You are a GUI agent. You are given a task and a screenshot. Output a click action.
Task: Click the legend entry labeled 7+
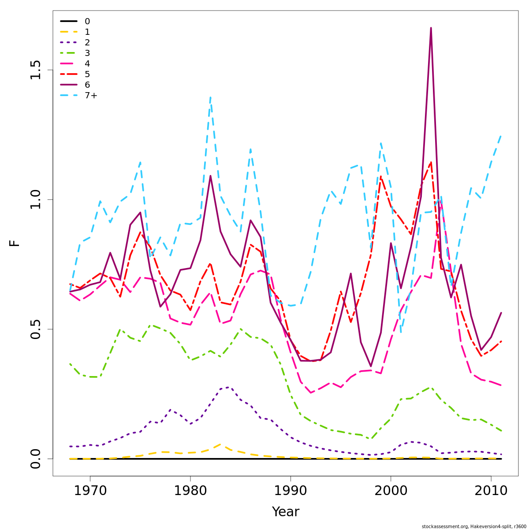(x=91, y=96)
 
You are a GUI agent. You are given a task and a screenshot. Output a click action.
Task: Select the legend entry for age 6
(x=87, y=85)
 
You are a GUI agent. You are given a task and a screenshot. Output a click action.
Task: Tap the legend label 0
(x=87, y=22)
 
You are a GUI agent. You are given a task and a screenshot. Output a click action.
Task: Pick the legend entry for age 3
(x=87, y=53)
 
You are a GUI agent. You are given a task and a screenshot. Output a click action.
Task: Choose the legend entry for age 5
(x=87, y=75)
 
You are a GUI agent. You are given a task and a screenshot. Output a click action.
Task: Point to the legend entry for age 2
(x=87, y=43)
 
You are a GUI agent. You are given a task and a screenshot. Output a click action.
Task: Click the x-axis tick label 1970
(x=90, y=491)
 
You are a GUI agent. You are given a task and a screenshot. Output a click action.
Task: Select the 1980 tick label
(x=190, y=491)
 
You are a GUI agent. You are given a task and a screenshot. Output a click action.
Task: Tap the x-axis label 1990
(x=291, y=491)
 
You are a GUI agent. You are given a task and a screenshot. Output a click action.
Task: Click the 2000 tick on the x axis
(x=391, y=491)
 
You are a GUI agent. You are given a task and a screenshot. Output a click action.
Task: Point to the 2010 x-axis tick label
(x=491, y=491)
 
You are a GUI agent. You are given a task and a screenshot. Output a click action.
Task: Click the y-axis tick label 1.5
(x=35, y=70)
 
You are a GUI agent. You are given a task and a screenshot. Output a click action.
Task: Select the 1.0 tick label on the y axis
(x=35, y=199)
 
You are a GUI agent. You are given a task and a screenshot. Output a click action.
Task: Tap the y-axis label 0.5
(x=35, y=329)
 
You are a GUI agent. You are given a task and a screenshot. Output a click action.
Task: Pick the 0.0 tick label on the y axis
(x=35, y=458)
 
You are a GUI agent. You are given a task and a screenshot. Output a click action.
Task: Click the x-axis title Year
(x=286, y=512)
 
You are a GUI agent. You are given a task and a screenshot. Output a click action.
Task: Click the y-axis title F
(x=15, y=243)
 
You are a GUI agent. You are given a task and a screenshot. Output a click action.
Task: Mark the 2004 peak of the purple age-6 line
(x=431, y=28)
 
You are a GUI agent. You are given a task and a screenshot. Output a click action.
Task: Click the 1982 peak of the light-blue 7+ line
(x=210, y=97)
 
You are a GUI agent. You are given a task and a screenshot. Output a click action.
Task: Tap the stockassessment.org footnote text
(x=474, y=526)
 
